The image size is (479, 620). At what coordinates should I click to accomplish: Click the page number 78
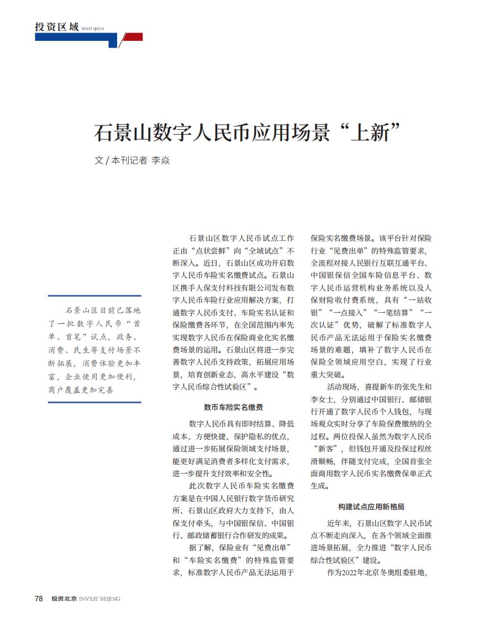coord(39,598)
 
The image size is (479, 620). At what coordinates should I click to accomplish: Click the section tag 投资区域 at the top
coord(56,27)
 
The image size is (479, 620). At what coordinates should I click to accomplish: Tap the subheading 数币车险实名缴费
coord(233,407)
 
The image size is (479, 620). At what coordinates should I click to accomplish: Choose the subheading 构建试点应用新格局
coord(366,506)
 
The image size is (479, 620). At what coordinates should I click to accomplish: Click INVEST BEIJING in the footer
coord(100,599)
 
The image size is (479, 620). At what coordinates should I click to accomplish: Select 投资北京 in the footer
coord(64,599)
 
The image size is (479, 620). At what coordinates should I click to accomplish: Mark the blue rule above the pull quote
coord(94,296)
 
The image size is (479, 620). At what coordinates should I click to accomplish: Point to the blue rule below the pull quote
coord(94,402)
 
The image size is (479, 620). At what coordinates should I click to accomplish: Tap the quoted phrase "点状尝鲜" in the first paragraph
coord(208,250)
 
